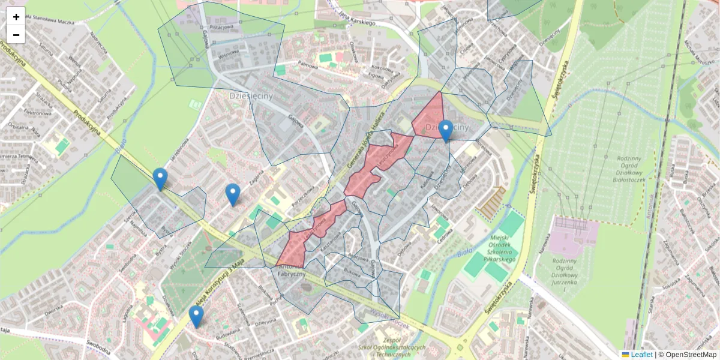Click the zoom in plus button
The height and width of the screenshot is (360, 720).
(x=16, y=17)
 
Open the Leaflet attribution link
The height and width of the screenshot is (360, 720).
(x=641, y=355)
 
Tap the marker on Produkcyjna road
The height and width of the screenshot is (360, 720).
(x=160, y=178)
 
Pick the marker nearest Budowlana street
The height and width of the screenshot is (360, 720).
(x=196, y=316)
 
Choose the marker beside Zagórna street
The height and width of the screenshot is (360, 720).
(x=233, y=194)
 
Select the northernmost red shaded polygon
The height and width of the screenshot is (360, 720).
(x=429, y=117)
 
